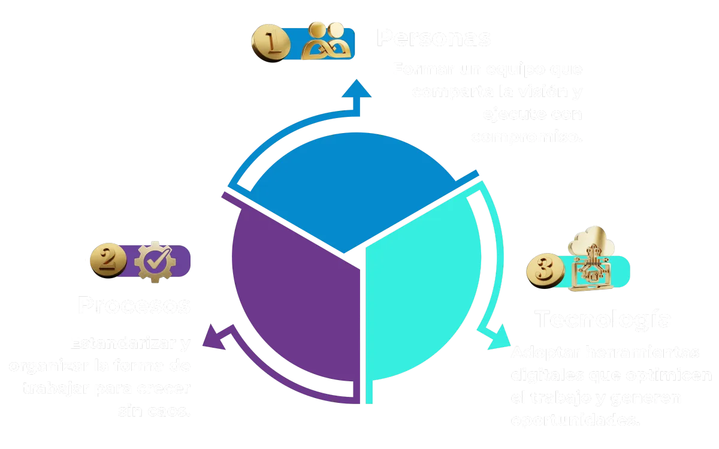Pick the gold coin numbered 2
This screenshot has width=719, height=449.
pos(108,261)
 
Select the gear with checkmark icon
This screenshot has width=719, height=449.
pos(154,261)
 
